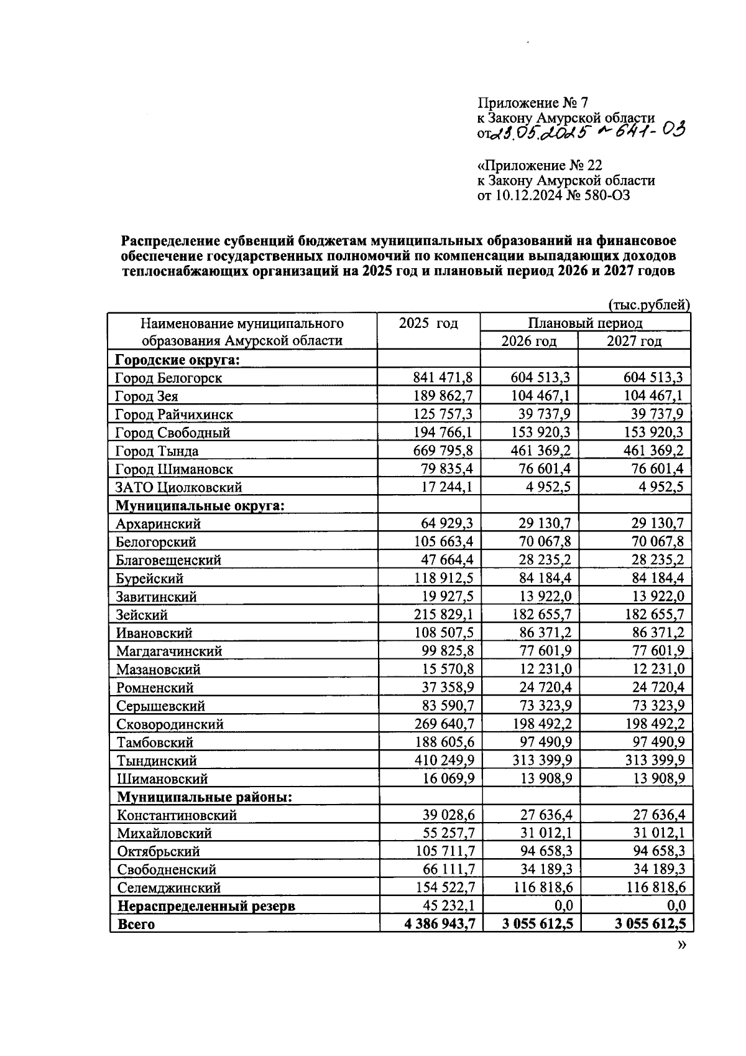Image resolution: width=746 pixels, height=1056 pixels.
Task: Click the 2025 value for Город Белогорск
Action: pyautogui.click(x=443, y=377)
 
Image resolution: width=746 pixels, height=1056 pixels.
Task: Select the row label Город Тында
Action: pyautogui.click(x=157, y=451)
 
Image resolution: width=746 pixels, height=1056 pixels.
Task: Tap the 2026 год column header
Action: pyautogui.click(x=528, y=341)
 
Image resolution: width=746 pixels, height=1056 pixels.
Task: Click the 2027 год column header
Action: pyautogui.click(x=634, y=341)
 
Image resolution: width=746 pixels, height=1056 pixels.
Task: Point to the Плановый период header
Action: pyautogui.click(x=585, y=323)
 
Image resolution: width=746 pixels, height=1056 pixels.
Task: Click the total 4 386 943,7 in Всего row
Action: pyautogui.click(x=440, y=923)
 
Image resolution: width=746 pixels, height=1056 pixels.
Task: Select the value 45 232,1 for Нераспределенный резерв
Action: pyautogui.click(x=448, y=905)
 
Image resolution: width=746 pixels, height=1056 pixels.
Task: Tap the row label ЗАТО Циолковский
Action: pyautogui.click(x=178, y=487)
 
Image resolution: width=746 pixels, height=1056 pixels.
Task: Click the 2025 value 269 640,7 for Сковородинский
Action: pyautogui.click(x=444, y=723)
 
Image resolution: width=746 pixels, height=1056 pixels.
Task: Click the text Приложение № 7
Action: pyautogui.click(x=532, y=103)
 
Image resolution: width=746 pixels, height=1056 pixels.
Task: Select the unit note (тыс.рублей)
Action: pyautogui.click(x=648, y=304)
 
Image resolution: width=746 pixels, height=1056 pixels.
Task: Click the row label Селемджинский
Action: pyautogui.click(x=168, y=887)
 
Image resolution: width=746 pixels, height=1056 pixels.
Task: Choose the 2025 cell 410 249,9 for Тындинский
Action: pyautogui.click(x=444, y=760)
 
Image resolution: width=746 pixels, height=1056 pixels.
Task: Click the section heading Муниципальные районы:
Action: pyautogui.click(x=205, y=797)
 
